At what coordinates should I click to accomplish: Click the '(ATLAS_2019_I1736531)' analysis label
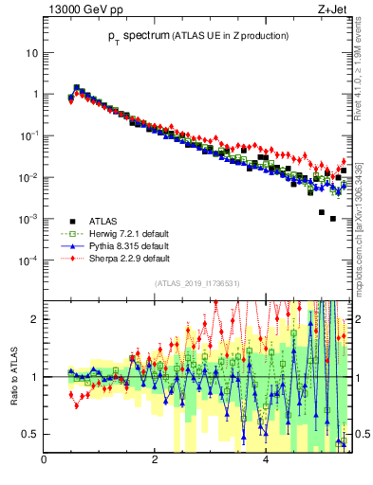(197, 283)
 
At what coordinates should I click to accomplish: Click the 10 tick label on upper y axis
(31, 53)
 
